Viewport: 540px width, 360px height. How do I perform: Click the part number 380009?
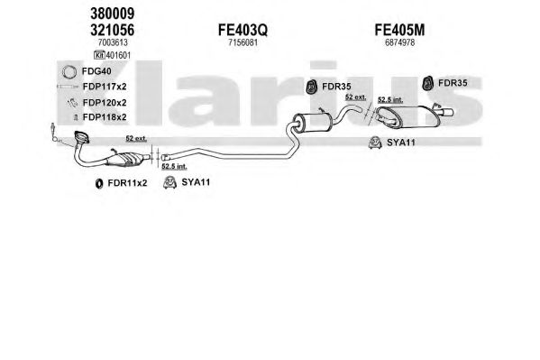113,14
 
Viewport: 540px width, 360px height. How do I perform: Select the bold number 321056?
113,30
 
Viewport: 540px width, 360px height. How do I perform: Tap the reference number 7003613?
113,42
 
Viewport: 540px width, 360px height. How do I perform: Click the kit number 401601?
118,55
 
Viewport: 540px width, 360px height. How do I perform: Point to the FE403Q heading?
243,31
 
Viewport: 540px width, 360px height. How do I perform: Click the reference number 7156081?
243,42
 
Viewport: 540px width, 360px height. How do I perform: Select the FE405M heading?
399,30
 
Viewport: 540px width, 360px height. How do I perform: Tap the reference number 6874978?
400,42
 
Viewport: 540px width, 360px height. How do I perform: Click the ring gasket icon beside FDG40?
69,71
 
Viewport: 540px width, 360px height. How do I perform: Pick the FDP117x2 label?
105,87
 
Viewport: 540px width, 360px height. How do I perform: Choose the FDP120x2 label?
105,103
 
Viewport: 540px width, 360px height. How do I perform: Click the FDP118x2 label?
105,117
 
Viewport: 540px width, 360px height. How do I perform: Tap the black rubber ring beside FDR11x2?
99,183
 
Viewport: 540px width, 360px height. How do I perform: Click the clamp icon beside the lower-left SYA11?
169,182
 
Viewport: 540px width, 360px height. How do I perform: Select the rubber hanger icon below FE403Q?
312,87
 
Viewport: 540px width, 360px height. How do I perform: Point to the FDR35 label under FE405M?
453,83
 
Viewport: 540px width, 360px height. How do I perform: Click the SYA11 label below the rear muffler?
401,143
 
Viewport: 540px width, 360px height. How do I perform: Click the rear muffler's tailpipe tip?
448,113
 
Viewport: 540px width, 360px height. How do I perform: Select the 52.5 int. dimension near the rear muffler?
390,99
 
